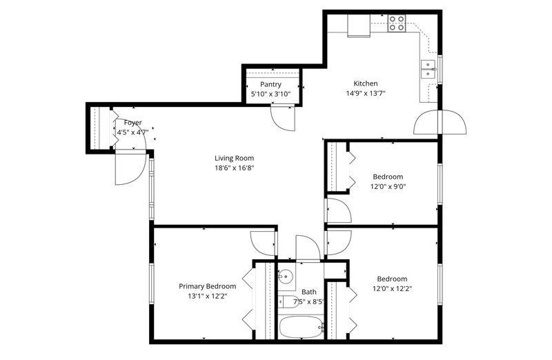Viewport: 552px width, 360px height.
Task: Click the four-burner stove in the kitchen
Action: click(x=397, y=23)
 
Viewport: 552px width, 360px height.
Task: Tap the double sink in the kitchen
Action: click(x=428, y=70)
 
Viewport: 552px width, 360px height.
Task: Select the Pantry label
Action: click(x=270, y=84)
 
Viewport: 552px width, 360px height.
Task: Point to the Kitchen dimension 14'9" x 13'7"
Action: click(x=366, y=94)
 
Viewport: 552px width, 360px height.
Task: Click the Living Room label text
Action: click(x=234, y=159)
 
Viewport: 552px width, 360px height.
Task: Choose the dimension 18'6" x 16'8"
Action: click(x=235, y=168)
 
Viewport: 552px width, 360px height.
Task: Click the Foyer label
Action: click(x=132, y=123)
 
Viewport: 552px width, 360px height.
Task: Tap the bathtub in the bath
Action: click(x=301, y=328)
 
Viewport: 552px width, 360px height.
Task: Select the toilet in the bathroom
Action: click(x=287, y=301)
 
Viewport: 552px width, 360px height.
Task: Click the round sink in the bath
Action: click(x=286, y=277)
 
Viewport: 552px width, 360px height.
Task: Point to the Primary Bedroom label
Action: click(x=208, y=286)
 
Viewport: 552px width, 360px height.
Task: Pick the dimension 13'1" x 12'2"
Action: click(x=208, y=297)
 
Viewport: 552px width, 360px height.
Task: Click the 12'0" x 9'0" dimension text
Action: click(x=388, y=186)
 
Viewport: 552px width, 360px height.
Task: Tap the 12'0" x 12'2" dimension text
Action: click(x=392, y=289)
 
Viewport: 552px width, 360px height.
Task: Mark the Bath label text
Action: click(x=308, y=292)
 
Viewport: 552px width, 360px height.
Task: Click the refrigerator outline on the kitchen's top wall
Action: click(x=359, y=26)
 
